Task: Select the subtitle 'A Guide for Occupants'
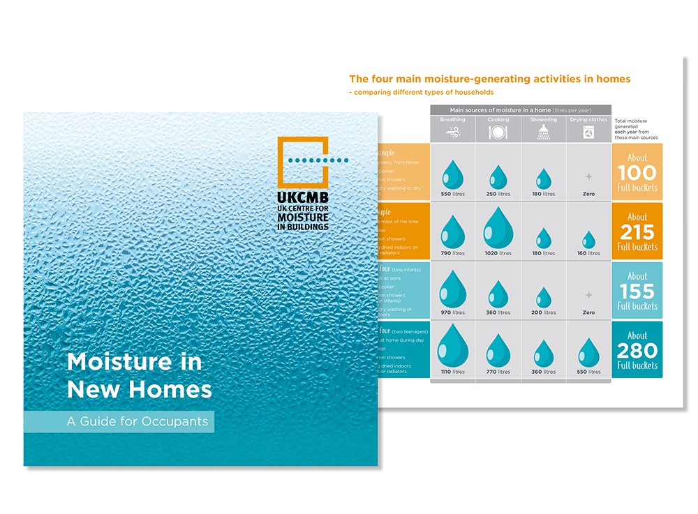click(119, 421)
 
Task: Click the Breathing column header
click(452, 119)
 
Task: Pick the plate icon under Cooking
click(498, 133)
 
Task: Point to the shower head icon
click(543, 133)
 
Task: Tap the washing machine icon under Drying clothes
click(588, 133)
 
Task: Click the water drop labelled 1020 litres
click(498, 228)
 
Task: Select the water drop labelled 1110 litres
click(452, 346)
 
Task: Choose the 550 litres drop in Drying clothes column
click(588, 353)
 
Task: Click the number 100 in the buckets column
click(637, 172)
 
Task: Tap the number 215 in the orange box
click(637, 231)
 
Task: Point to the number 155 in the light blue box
click(637, 291)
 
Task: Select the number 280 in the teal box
click(637, 350)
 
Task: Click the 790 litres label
click(452, 253)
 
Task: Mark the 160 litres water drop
click(588, 239)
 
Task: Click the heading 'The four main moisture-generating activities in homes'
click(489, 80)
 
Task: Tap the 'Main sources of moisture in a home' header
click(520, 109)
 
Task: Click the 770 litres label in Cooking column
click(498, 372)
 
